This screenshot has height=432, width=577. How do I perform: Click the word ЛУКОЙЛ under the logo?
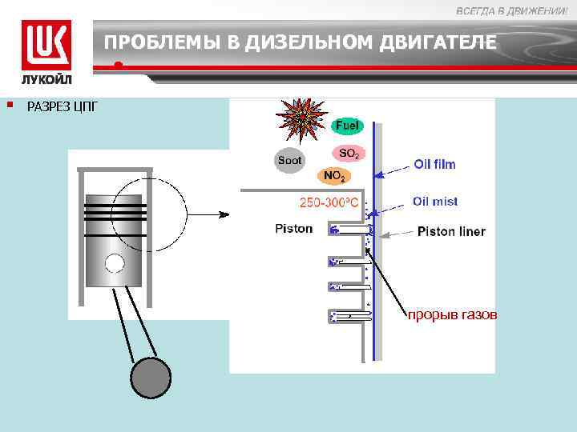[46, 81]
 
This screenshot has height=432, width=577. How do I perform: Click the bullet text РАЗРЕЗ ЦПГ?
[63, 106]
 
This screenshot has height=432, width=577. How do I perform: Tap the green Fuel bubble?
[347, 126]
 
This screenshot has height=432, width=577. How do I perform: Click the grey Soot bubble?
[289, 160]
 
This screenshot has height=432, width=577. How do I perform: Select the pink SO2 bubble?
[349, 152]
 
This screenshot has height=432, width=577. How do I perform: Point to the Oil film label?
[434, 164]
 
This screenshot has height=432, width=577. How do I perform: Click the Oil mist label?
[435, 202]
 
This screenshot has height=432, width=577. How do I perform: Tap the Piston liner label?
[451, 232]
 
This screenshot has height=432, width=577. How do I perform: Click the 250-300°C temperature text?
[329, 202]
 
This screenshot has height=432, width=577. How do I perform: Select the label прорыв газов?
[452, 315]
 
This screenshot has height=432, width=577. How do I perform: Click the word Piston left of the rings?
[293, 229]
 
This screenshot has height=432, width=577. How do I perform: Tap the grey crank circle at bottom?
[151, 377]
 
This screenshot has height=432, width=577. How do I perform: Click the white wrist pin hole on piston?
[115, 262]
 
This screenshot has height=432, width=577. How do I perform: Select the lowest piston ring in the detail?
[351, 316]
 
